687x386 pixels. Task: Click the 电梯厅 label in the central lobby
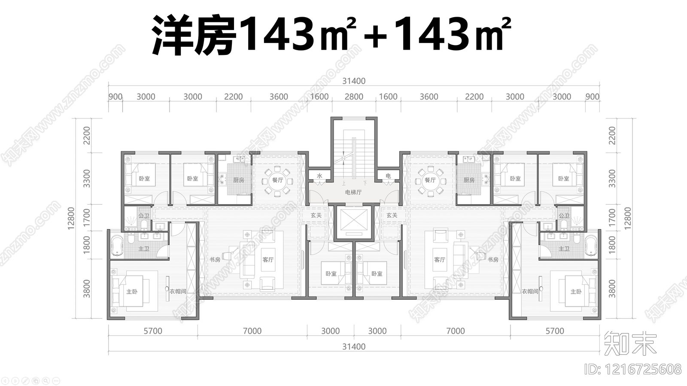tap(353, 192)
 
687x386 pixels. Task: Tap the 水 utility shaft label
tap(319, 176)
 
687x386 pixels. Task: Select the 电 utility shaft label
tap(388, 176)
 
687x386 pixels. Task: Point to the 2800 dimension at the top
tap(354, 97)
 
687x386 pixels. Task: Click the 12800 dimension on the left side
tap(71, 218)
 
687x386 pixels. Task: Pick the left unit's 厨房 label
tap(239, 180)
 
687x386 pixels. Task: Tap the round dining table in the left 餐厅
tap(277, 180)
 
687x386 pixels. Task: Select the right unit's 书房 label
tap(493, 259)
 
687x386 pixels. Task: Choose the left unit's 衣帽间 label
tap(178, 291)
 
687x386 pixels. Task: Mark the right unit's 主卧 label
tap(576, 292)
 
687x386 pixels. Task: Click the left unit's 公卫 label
tap(143, 216)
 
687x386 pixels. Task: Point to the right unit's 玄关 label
tap(392, 215)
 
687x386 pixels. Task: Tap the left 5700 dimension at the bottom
tap(153, 331)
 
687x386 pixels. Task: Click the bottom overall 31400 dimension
tap(354, 347)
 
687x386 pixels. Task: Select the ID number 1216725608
tap(633, 369)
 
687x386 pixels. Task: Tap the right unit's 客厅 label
tap(439, 259)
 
